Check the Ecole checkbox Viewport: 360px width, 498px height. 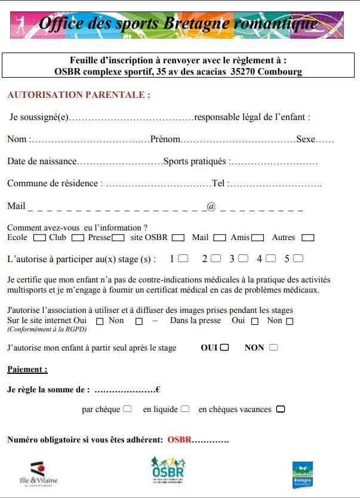pos(39,238)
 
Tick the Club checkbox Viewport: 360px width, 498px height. pos(77,238)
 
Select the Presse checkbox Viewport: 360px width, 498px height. pos(118,238)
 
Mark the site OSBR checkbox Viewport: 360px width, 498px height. pos(178,238)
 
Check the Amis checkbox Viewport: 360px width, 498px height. pos(257,238)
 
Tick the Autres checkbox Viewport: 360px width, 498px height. pos(308,238)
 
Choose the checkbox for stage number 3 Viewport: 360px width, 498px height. pos(243,259)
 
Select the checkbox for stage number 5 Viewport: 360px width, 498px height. pos(298,259)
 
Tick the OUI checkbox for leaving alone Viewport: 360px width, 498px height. pos(224,347)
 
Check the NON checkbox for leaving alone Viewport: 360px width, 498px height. pos(273,347)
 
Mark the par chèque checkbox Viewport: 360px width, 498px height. pos(127,409)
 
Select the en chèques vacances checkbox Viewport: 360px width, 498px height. pos(281,409)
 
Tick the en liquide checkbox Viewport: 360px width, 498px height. pos(185,409)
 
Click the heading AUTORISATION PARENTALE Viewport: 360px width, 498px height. pos(78,95)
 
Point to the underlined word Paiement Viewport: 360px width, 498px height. pos(27,370)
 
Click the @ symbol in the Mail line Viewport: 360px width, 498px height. pos(211,206)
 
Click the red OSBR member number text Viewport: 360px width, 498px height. pos(179,439)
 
